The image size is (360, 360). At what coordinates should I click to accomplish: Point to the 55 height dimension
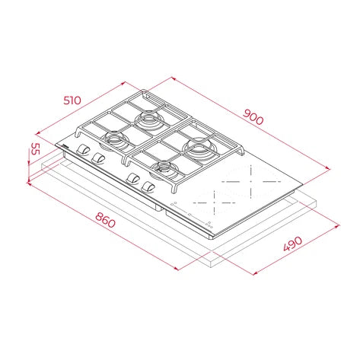tap(35, 149)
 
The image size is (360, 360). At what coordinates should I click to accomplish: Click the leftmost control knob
tap(84, 150)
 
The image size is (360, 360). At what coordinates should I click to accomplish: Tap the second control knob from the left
tap(99, 158)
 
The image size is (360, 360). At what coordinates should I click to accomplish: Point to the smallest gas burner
tap(165, 167)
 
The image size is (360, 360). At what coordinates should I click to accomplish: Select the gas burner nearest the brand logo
tap(114, 139)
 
